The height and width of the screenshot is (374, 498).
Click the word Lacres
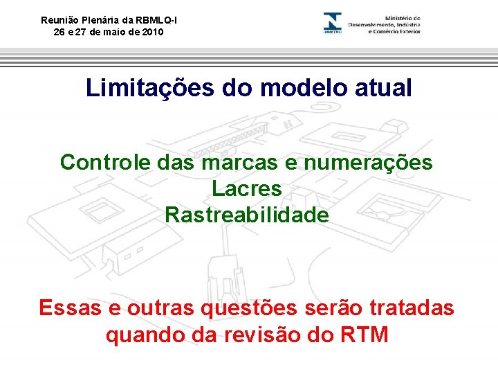pyautogui.click(x=247, y=188)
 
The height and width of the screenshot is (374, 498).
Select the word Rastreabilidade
pyautogui.click(x=247, y=215)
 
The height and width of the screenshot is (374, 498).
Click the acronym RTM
pyautogui.click(x=365, y=335)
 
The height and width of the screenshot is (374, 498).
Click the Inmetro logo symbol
pyautogui.click(x=333, y=23)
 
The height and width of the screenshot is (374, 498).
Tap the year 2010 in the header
pyautogui.click(x=153, y=32)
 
